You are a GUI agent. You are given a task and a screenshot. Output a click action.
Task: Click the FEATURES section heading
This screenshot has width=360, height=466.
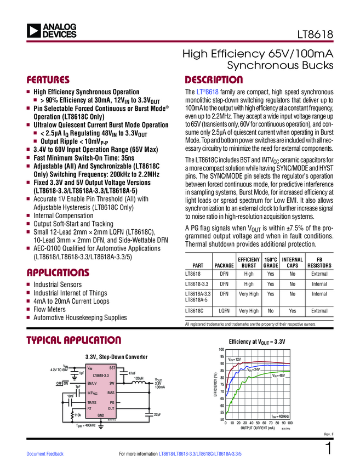click(x=49, y=78)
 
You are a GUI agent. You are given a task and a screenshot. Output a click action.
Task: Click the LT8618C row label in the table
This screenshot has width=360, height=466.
click(x=195, y=311)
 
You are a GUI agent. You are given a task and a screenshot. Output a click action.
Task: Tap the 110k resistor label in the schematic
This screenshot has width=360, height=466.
click(x=78, y=416)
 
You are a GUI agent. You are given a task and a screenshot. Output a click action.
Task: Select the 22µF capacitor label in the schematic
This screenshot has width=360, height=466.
click(x=157, y=414)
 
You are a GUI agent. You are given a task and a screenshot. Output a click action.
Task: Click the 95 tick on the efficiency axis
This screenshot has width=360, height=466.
click(x=221, y=357)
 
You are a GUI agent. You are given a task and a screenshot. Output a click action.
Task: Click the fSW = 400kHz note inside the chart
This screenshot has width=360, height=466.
click(x=280, y=417)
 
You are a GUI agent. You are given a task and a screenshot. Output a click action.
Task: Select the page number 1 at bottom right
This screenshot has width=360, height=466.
click(x=328, y=450)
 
